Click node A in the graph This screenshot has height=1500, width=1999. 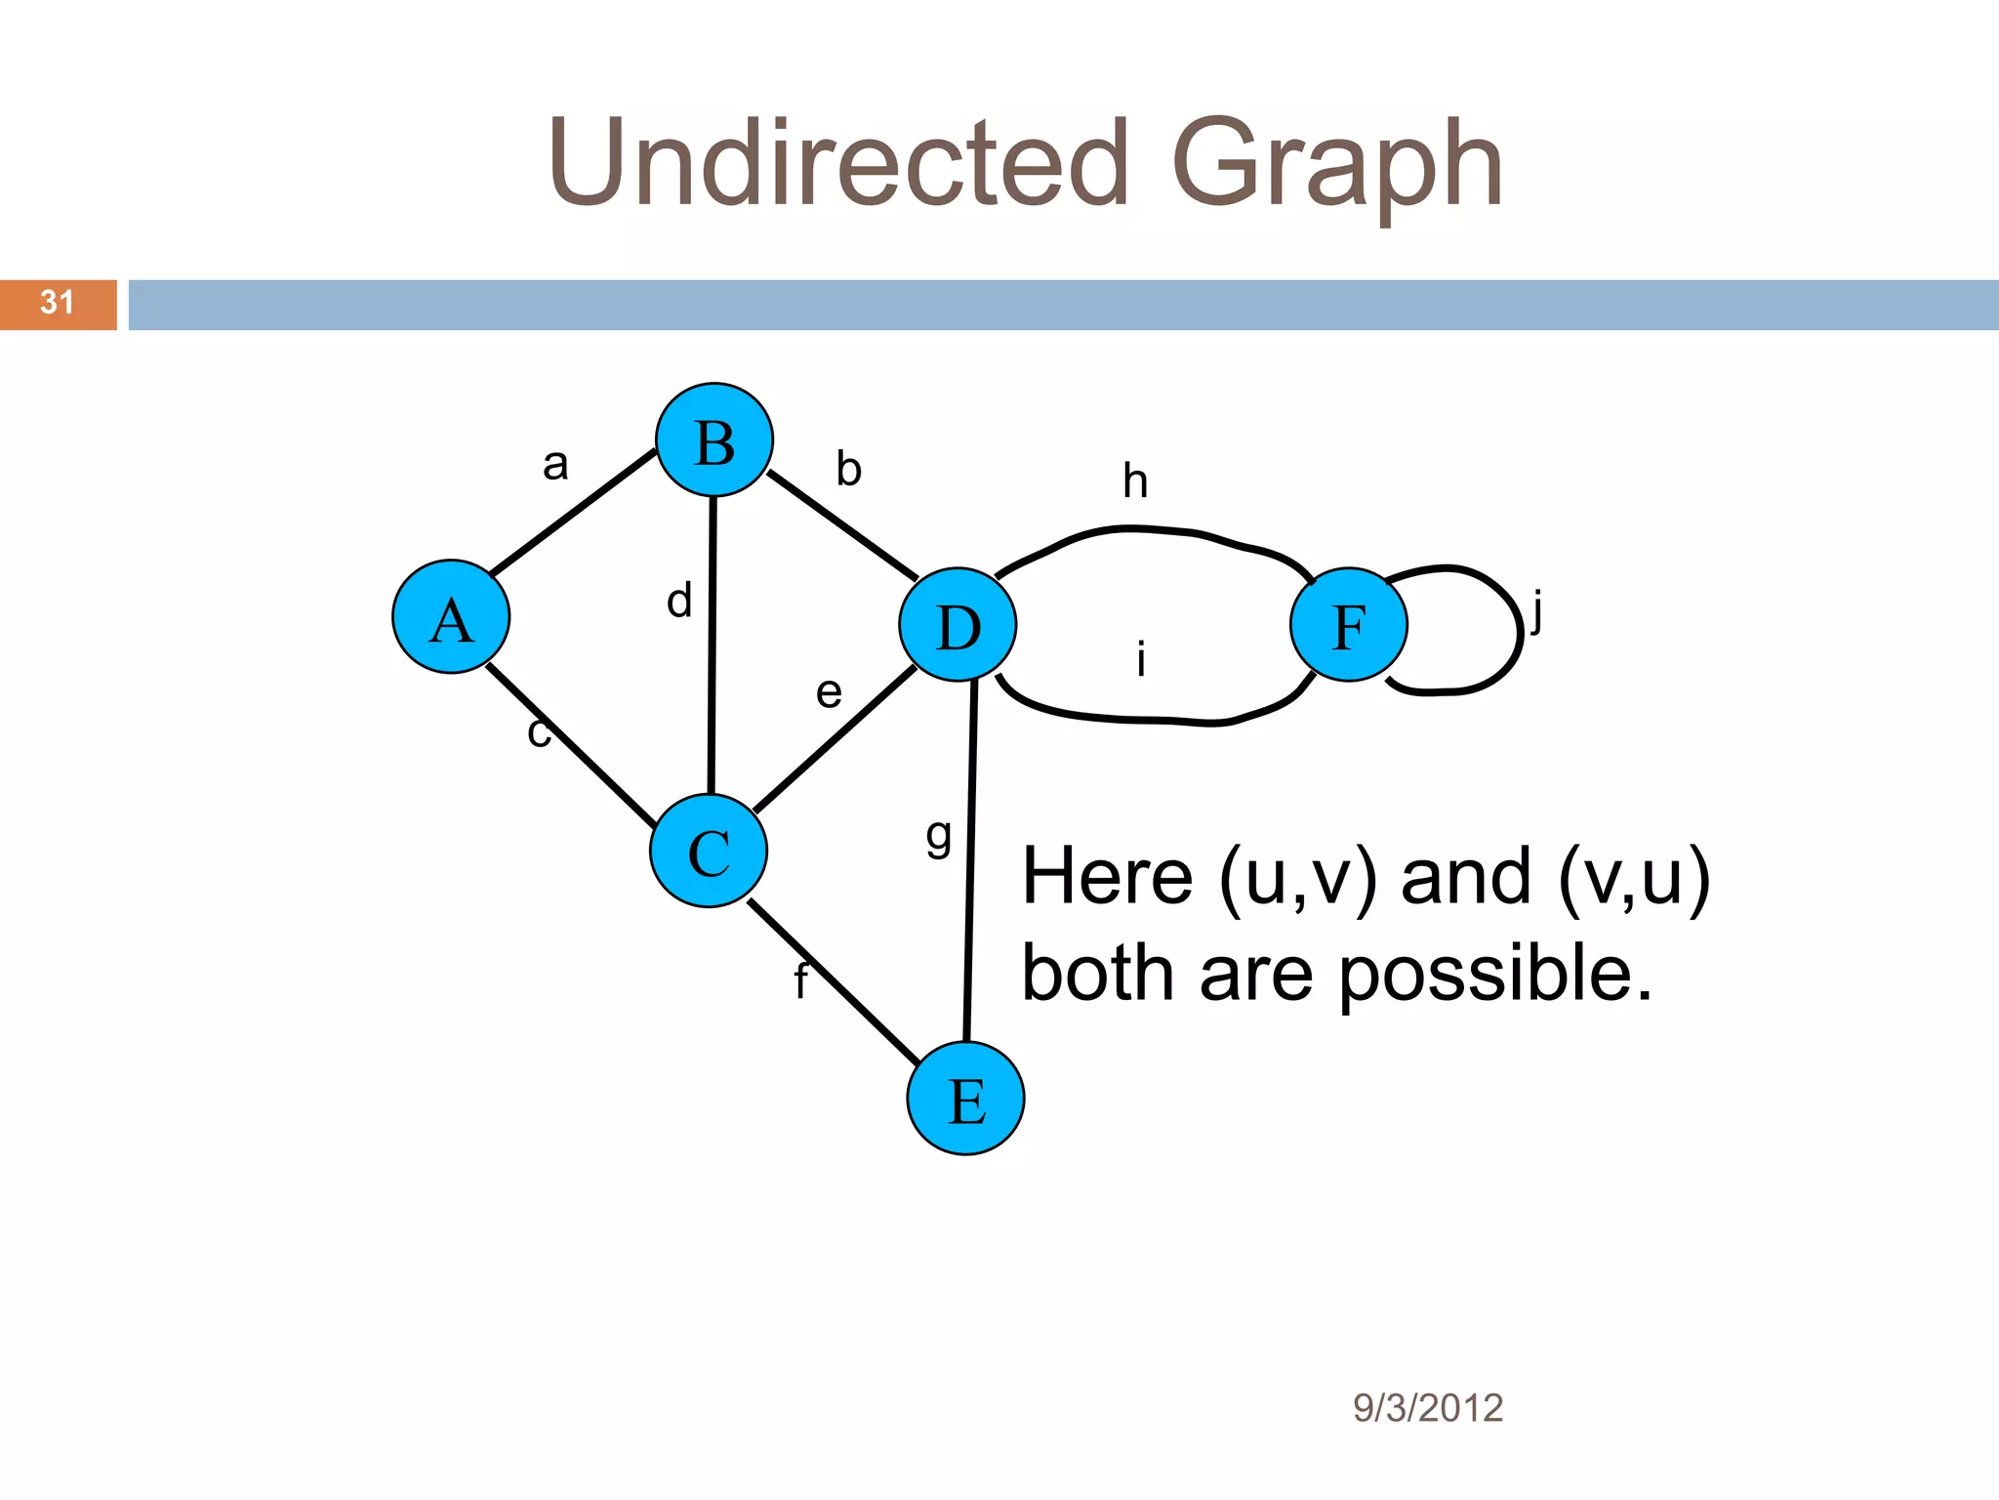(x=451, y=617)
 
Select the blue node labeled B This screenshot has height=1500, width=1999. (x=714, y=440)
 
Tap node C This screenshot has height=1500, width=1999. (x=709, y=851)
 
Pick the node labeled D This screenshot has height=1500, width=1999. (x=958, y=624)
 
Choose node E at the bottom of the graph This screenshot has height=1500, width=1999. (x=965, y=1099)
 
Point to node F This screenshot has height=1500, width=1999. (x=1349, y=624)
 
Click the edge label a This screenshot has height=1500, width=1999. (x=555, y=465)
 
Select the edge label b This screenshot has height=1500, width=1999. (x=849, y=470)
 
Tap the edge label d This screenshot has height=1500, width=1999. (x=679, y=601)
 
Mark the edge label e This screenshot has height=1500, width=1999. (x=829, y=693)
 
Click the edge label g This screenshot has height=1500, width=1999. (x=938, y=836)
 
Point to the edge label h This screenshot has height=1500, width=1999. (x=1135, y=481)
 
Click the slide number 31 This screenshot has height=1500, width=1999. (x=58, y=303)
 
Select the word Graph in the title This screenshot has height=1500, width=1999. (x=1337, y=164)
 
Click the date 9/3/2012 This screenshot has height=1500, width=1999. (x=1427, y=1408)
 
